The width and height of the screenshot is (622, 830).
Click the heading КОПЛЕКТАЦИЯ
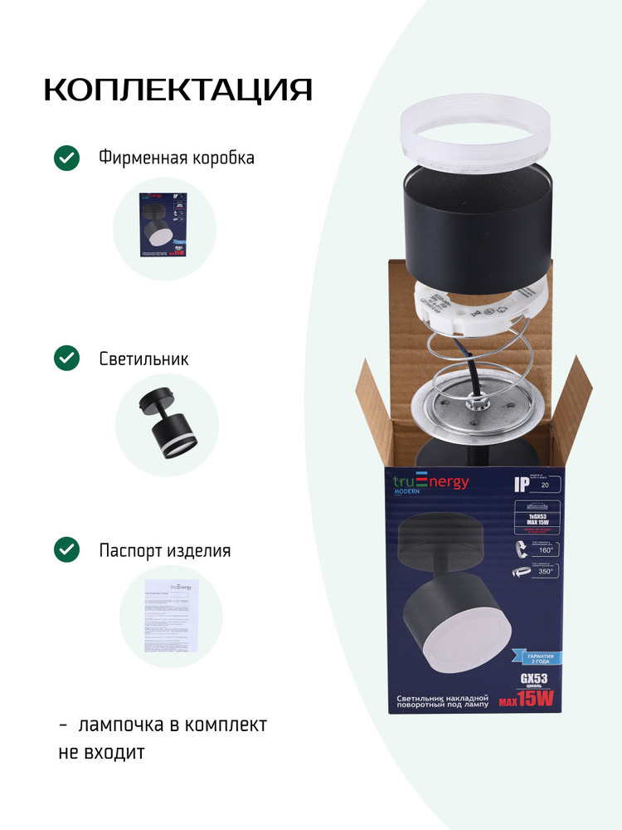click(x=177, y=90)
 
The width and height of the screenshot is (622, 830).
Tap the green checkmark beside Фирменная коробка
click(x=66, y=158)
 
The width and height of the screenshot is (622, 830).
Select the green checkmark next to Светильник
click(x=66, y=359)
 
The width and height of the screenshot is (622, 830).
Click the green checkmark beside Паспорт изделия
click(x=66, y=549)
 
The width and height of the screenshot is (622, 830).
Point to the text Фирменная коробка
click(x=176, y=158)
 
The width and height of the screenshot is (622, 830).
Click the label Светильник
click(x=143, y=359)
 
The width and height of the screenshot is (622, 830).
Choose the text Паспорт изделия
click(x=164, y=550)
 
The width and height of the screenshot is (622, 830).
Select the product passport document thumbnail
click(x=173, y=616)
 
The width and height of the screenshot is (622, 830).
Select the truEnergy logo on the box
click(x=430, y=484)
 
